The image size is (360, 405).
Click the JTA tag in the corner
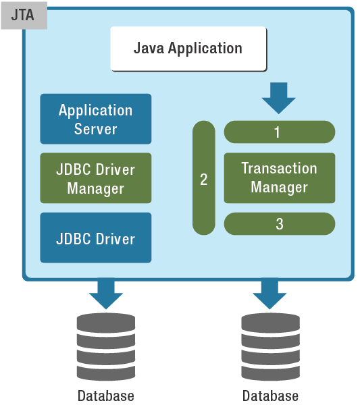point(24,16)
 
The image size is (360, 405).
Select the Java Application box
point(188,49)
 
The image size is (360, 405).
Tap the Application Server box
point(96,119)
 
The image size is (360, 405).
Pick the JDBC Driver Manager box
point(96,178)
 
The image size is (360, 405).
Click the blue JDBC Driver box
point(96,238)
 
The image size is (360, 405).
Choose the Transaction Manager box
point(280,178)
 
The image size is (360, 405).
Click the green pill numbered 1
point(280,132)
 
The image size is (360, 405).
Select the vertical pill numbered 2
point(204,178)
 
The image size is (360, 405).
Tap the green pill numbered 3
point(280,223)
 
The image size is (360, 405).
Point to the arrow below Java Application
point(278,98)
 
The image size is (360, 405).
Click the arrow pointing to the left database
point(106,294)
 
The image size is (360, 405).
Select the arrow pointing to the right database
point(269,294)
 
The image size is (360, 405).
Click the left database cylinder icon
point(106,347)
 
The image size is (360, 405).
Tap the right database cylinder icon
point(270,347)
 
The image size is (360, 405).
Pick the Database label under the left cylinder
point(106,396)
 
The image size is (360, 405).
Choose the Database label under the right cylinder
point(270,396)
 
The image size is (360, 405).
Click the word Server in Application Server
point(96,129)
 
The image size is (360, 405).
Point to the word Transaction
point(280,168)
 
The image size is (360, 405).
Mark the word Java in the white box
point(149,48)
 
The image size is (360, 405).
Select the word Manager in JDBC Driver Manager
point(96,188)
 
